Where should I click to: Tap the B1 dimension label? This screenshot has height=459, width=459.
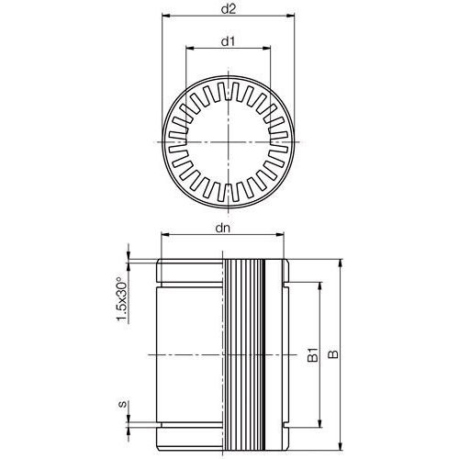tap(312, 354)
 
